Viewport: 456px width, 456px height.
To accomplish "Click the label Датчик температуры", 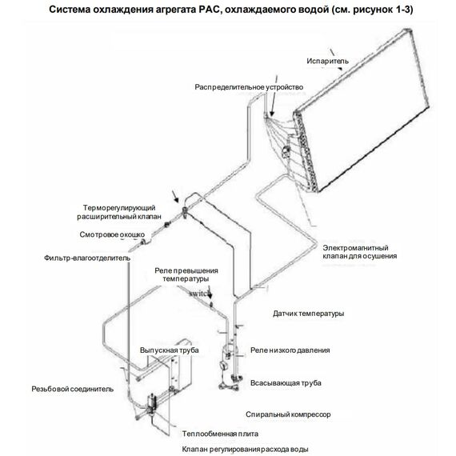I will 308,313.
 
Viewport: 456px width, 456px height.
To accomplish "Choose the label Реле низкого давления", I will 290,350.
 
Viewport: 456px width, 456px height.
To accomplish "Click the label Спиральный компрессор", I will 290,414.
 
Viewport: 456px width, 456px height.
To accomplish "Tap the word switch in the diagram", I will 201,294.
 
